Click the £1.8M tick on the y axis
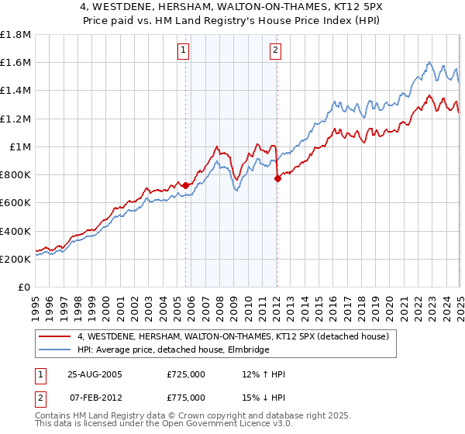click(x=15, y=35)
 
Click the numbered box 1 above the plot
click(x=184, y=51)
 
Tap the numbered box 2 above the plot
click(x=275, y=51)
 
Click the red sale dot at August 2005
click(x=185, y=185)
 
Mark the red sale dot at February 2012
click(x=277, y=178)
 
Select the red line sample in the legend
click(x=54, y=336)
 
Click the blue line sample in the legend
click(x=54, y=350)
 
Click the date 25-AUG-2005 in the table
click(x=95, y=374)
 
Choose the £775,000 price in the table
click(x=186, y=398)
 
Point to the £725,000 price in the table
click(x=186, y=374)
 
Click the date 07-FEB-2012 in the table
click(x=95, y=398)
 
